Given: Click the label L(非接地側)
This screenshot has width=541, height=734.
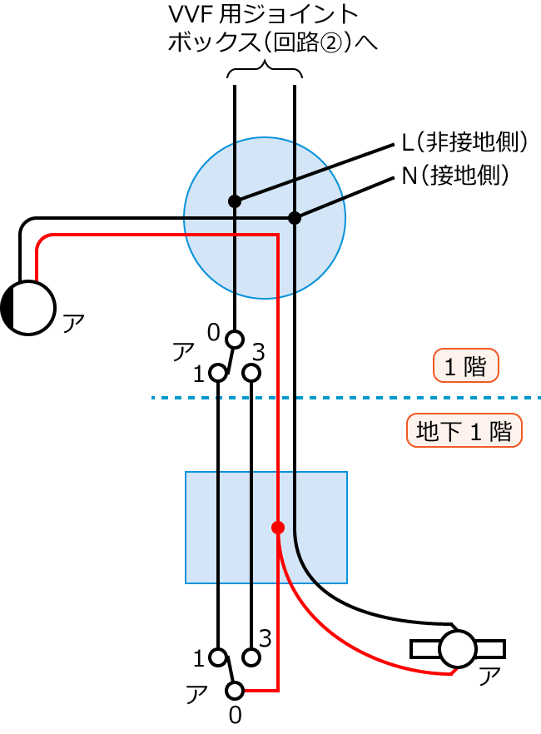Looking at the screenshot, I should (x=464, y=143).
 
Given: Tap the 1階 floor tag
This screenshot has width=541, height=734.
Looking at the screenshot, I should (x=465, y=366).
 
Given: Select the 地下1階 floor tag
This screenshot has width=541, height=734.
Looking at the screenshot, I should (x=464, y=432).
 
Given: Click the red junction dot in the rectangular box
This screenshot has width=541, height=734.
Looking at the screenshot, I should (x=278, y=528).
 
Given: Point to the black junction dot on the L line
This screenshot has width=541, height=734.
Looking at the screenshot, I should (x=235, y=201).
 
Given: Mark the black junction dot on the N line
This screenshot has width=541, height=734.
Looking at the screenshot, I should (x=294, y=218).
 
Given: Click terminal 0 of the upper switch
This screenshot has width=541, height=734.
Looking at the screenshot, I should (x=235, y=339).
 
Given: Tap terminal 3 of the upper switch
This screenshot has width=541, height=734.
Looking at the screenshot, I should (x=251, y=374).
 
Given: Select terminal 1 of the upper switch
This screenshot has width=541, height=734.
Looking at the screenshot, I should (x=218, y=374).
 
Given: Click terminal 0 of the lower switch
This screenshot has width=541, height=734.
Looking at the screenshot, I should (x=235, y=690).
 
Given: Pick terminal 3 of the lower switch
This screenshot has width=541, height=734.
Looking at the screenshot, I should (x=251, y=657).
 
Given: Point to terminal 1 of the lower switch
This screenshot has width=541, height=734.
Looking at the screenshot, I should (x=218, y=657).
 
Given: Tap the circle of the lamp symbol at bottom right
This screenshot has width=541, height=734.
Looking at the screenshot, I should (x=457, y=648).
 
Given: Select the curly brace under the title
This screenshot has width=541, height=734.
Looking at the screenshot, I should (x=265, y=73).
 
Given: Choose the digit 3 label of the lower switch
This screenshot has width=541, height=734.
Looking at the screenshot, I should (x=266, y=638).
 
